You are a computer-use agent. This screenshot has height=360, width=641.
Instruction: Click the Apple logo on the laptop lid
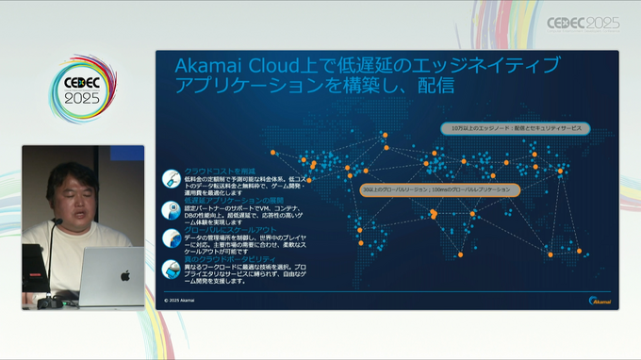point(124,276)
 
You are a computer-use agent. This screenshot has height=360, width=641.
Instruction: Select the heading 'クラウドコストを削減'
point(214,171)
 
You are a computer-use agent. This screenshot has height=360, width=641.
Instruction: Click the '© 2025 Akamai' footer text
point(179,300)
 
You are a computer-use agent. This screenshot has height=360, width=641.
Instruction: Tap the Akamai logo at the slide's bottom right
point(600,299)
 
